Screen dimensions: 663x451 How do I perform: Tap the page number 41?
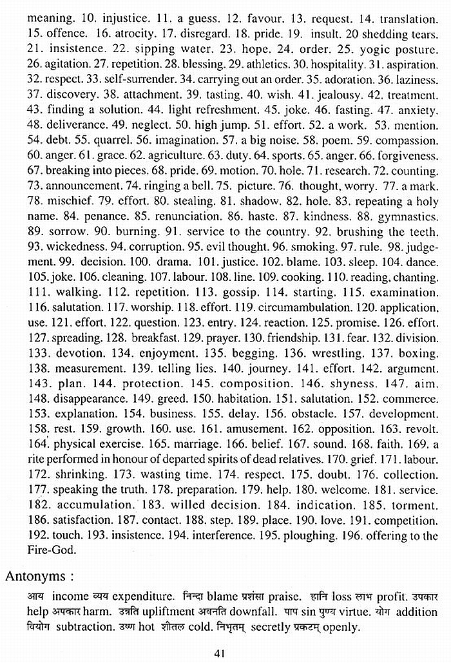tap(220, 653)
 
